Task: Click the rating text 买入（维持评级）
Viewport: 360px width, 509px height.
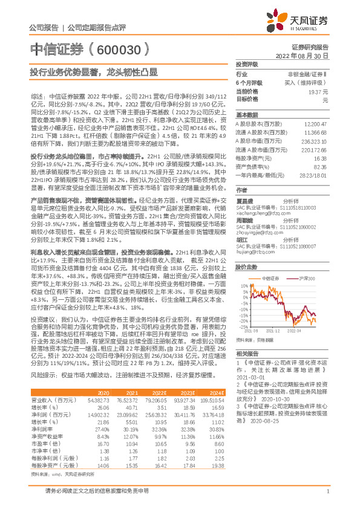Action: point(308,82)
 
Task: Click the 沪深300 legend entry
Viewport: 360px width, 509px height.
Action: point(307,277)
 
